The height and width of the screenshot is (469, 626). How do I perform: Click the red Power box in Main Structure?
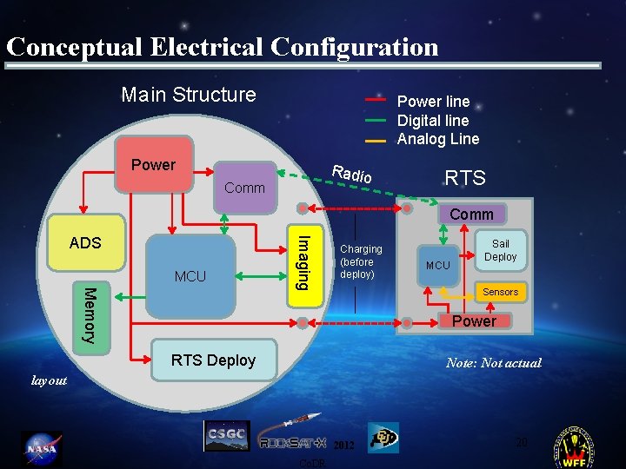point(154,164)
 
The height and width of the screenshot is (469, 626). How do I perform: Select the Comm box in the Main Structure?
point(244,185)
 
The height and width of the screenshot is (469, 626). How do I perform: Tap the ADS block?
point(85,242)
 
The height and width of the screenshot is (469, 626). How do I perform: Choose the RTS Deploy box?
point(213,360)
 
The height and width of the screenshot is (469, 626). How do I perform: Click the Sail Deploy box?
point(500,250)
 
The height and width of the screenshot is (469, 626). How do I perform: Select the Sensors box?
point(500,292)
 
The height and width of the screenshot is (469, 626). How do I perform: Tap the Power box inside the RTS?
point(475,321)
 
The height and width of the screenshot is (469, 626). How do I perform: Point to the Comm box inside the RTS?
point(471,214)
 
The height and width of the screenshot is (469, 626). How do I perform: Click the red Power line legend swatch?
point(376,100)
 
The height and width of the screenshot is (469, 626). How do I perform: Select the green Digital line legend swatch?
point(376,120)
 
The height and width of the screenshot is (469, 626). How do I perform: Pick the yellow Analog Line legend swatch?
point(376,139)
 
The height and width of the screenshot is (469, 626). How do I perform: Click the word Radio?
point(352,173)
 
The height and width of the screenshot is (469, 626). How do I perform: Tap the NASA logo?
point(41,449)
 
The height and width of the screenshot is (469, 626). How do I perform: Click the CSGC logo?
point(226,435)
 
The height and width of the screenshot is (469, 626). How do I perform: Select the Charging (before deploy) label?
point(360,261)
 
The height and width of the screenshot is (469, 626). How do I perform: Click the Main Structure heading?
point(189,95)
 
